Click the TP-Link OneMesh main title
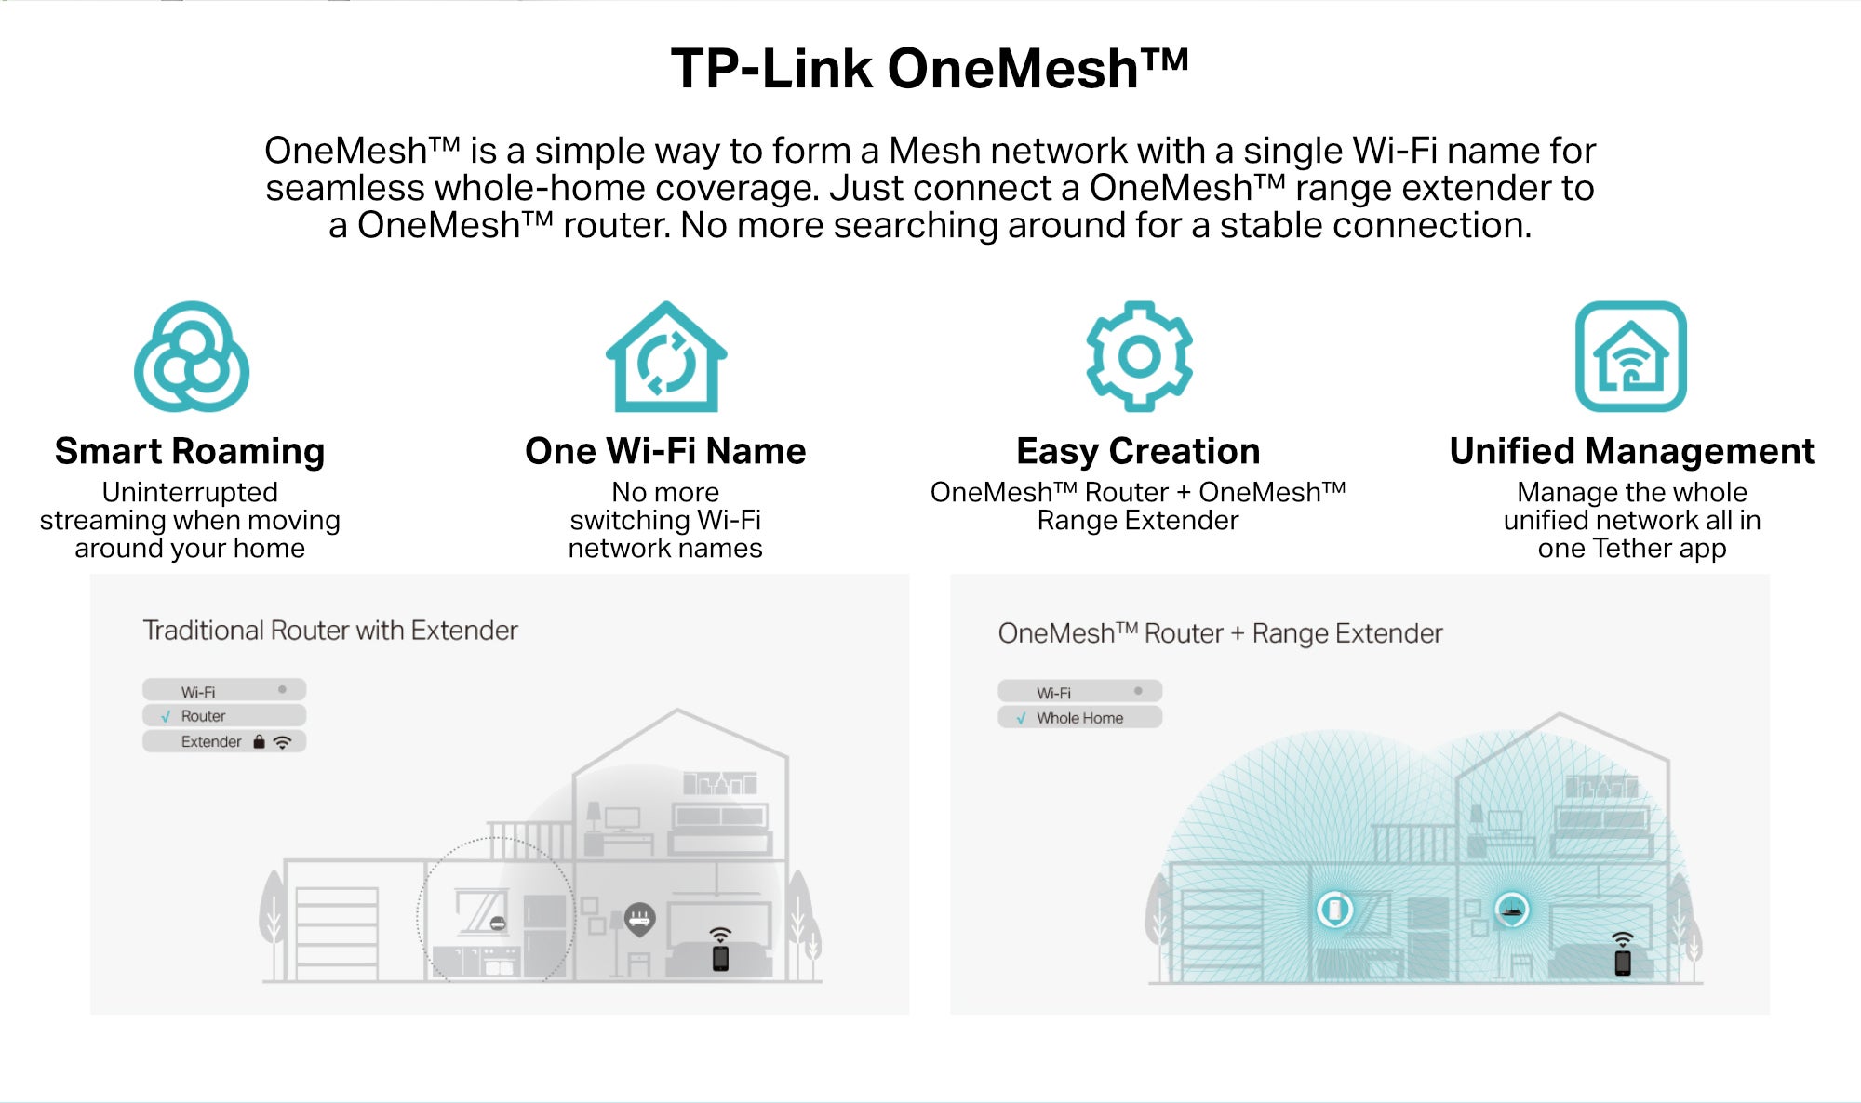point(930,69)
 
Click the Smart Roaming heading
point(190,451)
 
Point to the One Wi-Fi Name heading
point(665,451)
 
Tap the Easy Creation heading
point(1138,451)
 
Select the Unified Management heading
point(1632,451)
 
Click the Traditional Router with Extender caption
point(330,631)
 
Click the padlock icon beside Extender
point(260,741)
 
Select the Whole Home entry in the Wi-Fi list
point(1079,718)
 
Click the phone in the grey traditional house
point(720,958)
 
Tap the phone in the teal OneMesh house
point(1623,963)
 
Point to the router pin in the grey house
point(639,920)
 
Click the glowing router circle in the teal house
point(1512,910)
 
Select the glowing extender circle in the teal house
point(1335,910)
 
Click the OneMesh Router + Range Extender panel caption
point(1220,633)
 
